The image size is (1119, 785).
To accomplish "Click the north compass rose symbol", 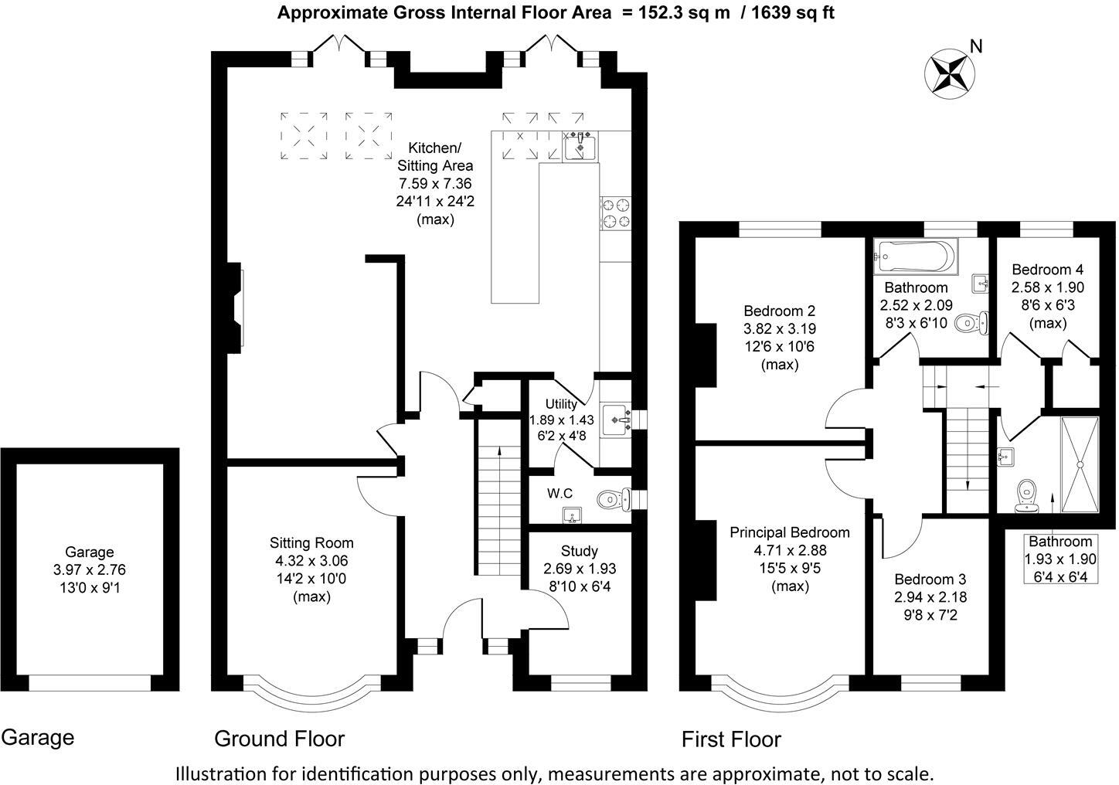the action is tap(948, 73).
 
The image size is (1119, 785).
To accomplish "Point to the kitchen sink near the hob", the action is tap(580, 145).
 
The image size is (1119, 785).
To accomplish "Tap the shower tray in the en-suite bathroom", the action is tap(1079, 465).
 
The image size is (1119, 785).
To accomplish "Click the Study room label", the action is tap(579, 551).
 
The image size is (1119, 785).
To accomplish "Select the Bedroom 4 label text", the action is tap(1047, 270).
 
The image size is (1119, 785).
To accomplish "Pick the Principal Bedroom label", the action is tap(790, 532).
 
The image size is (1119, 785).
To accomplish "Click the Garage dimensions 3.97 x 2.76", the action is tap(90, 570).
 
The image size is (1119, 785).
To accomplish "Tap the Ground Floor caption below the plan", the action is tap(279, 739).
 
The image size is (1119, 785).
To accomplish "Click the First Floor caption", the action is tap(731, 739).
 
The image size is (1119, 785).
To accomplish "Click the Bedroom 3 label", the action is tap(930, 579).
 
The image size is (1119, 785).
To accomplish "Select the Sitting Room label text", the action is tap(311, 542).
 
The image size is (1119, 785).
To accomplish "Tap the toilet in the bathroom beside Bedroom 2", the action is tap(971, 323).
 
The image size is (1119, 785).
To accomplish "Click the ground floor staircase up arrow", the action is tap(499, 456).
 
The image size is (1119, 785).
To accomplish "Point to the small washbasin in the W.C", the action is tap(572, 514).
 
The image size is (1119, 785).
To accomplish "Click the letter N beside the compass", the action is tap(976, 46).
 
